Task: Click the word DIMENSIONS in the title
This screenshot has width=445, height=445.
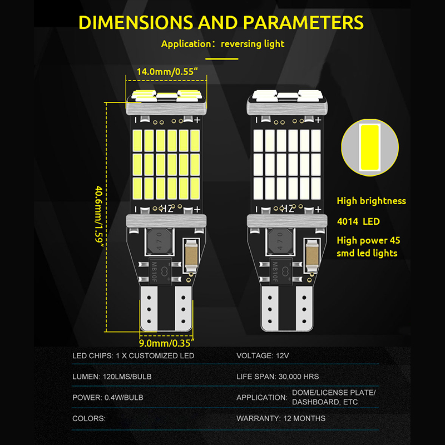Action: point(136,22)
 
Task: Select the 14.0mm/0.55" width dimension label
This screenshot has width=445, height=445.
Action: point(167,71)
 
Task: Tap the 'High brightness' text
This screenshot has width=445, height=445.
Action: point(372,201)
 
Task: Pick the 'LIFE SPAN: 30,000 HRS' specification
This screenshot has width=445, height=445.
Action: point(278,377)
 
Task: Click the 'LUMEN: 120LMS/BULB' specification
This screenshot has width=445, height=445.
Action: point(112,377)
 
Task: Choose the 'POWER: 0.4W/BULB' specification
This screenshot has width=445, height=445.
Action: point(108,397)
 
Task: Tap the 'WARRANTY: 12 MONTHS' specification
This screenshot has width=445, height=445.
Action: point(281,418)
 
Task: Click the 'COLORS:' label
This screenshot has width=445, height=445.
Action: point(89,418)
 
